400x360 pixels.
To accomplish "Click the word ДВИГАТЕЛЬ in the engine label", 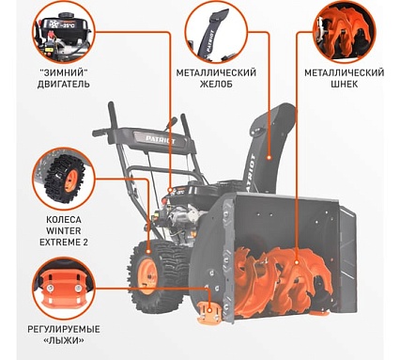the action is click(64, 85).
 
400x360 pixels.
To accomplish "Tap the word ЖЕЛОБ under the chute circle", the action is click(216, 85).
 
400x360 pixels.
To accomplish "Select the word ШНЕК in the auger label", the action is click(345, 85).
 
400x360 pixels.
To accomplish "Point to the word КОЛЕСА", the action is click(64, 219).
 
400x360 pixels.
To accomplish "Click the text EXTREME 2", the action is click(64, 243).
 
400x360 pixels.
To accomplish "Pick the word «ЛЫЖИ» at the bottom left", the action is click(64, 340).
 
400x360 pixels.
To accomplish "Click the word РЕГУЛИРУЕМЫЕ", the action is click(64, 329).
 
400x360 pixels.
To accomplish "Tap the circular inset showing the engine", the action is click(64, 32).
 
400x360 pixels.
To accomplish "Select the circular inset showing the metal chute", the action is click(216, 32).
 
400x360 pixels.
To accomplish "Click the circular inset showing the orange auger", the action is click(344, 32).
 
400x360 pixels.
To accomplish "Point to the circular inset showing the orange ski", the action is click(64, 289).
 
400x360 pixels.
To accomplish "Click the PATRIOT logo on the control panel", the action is click(161, 140).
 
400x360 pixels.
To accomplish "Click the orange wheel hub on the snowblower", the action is click(146, 276).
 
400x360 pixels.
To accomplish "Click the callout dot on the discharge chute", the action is click(269, 158).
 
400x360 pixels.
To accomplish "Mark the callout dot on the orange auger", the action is click(297, 261).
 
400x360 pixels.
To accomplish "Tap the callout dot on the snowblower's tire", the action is click(148, 251).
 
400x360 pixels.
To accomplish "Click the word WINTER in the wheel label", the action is click(64, 231).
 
